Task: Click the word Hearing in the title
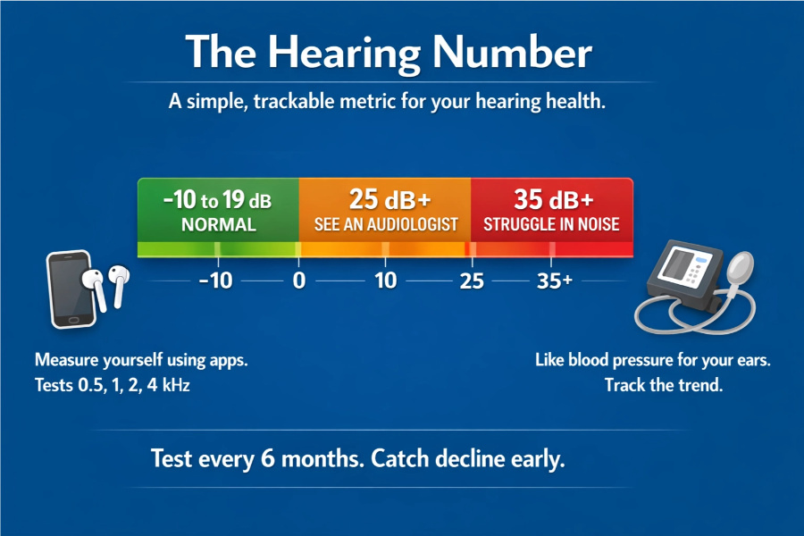click(344, 53)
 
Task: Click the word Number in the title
click(512, 52)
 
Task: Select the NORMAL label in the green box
click(219, 224)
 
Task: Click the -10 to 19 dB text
click(217, 199)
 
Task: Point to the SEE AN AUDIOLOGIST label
click(386, 224)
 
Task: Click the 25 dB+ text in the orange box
click(389, 199)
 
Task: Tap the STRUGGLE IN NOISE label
click(551, 224)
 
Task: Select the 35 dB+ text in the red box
click(554, 199)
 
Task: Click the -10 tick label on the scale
click(216, 281)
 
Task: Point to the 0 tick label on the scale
click(299, 281)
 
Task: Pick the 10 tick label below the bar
click(386, 281)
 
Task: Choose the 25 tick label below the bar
click(472, 281)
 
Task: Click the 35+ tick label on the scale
click(554, 281)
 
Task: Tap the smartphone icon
click(71, 289)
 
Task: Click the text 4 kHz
click(168, 385)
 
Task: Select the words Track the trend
click(664, 385)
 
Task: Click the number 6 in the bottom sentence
click(268, 458)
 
